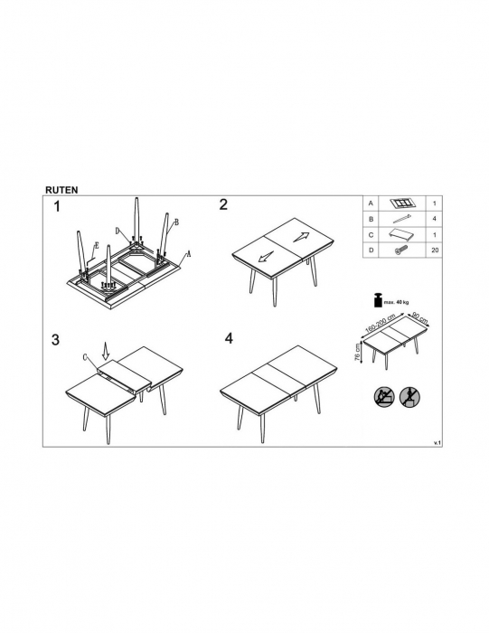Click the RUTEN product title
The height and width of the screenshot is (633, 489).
tap(61, 190)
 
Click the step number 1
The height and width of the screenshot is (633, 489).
tap(57, 207)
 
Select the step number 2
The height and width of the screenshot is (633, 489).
tap(223, 204)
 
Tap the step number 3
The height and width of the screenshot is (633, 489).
tap(55, 340)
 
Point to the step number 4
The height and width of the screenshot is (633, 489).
tap(229, 338)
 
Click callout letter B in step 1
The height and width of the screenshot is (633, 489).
tap(176, 222)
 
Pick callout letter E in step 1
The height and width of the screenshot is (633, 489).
tap(97, 245)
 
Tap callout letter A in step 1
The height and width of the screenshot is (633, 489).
tap(188, 254)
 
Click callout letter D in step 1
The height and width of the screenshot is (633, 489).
tap(118, 231)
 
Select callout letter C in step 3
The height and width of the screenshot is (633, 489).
tap(85, 357)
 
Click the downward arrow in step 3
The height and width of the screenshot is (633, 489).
tap(106, 351)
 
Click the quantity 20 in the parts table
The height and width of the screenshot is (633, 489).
tap(435, 250)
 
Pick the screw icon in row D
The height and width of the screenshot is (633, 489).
tap(401, 250)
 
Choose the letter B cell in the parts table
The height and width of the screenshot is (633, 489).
tap(371, 219)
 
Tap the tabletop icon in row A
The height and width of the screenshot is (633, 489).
tap(401, 203)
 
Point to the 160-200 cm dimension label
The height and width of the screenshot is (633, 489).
tap(381, 323)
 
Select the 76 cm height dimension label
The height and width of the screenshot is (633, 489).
tap(357, 353)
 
